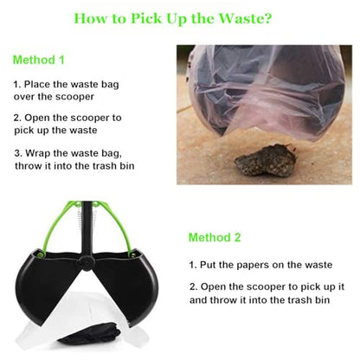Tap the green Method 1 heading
point(39,60)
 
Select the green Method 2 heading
point(215,237)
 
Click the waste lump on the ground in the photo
point(265,161)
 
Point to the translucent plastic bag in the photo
point(267,93)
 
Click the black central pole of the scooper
point(87,228)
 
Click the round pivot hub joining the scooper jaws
point(87,262)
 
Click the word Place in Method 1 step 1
point(37,84)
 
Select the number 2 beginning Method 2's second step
point(193,287)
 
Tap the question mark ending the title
point(267,18)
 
